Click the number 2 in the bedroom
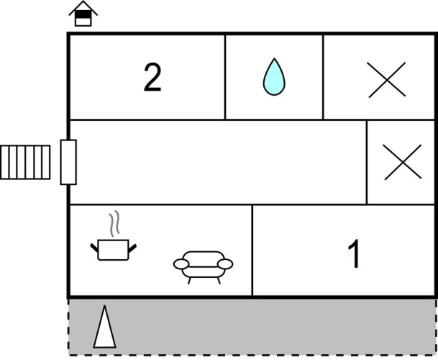click(152, 77)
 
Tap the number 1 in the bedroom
click(354, 253)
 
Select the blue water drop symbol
click(274, 76)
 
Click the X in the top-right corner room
click(387, 80)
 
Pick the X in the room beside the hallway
click(403, 162)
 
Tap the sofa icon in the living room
click(203, 267)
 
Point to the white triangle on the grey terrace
click(104, 327)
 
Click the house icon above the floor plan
click(83, 14)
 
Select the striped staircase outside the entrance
click(25, 162)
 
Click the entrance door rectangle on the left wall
click(68, 162)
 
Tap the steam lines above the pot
click(114, 223)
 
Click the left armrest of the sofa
click(181, 264)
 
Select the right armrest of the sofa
click(225, 264)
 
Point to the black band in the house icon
click(83, 14)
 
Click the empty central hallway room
click(218, 162)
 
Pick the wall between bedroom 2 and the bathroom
click(225, 77)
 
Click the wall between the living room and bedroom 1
click(252, 250)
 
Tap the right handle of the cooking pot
click(132, 248)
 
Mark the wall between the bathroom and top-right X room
click(323, 77)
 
